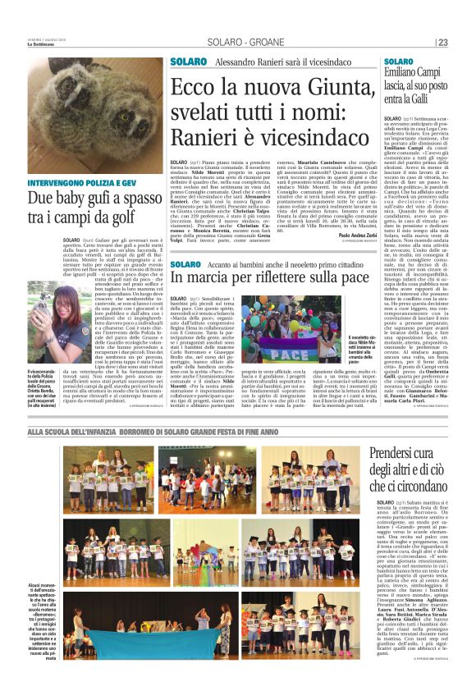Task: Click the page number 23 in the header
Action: [x=465, y=43]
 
